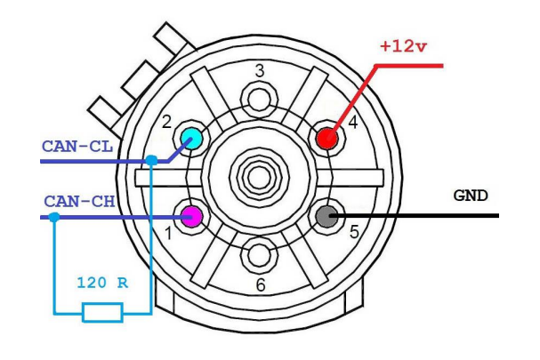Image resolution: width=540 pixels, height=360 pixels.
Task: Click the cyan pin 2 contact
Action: [190, 137]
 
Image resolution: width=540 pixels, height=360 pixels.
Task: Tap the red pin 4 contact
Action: [326, 138]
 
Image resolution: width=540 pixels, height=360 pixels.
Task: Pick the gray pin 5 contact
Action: [326, 215]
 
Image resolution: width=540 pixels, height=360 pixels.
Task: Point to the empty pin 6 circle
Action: [259, 255]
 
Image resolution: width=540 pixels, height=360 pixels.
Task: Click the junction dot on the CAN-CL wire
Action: [152, 161]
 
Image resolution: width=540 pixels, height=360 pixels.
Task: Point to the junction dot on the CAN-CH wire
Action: [54, 216]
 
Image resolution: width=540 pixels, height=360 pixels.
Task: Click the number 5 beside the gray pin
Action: [352, 233]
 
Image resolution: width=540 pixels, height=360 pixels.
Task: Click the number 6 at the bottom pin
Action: [259, 284]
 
